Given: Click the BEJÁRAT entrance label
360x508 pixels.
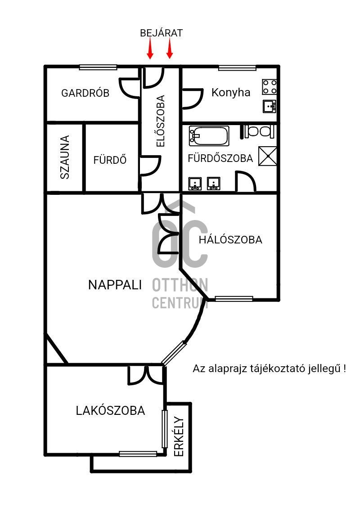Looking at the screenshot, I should [161, 33].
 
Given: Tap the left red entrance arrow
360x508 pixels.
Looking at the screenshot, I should [150, 49].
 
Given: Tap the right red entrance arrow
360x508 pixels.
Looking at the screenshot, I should [170, 49].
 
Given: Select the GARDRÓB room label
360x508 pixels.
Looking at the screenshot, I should [85, 94].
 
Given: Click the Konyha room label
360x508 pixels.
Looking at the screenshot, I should [231, 93].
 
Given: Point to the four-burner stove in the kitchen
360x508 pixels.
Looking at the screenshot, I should [270, 86].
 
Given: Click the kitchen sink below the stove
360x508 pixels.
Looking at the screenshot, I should [270, 106].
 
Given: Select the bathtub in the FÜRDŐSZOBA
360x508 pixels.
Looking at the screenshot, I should [209, 135].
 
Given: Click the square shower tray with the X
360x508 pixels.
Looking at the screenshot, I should [268, 156].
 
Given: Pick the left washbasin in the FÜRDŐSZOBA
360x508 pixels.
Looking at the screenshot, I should [195, 184].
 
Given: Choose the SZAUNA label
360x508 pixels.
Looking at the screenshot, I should [65, 157].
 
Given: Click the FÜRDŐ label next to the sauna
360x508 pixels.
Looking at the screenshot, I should [110, 160].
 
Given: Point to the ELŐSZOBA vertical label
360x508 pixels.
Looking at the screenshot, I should [160, 121].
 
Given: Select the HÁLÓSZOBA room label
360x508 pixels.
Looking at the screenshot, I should [230, 240].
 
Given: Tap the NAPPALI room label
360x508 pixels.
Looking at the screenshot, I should [115, 285].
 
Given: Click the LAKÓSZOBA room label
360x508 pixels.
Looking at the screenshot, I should [110, 411].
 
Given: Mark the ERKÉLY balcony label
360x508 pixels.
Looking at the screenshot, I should [179, 437].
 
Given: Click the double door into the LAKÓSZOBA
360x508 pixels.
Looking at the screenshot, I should [146, 375].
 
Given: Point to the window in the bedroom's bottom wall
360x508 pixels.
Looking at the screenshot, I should [234, 299].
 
